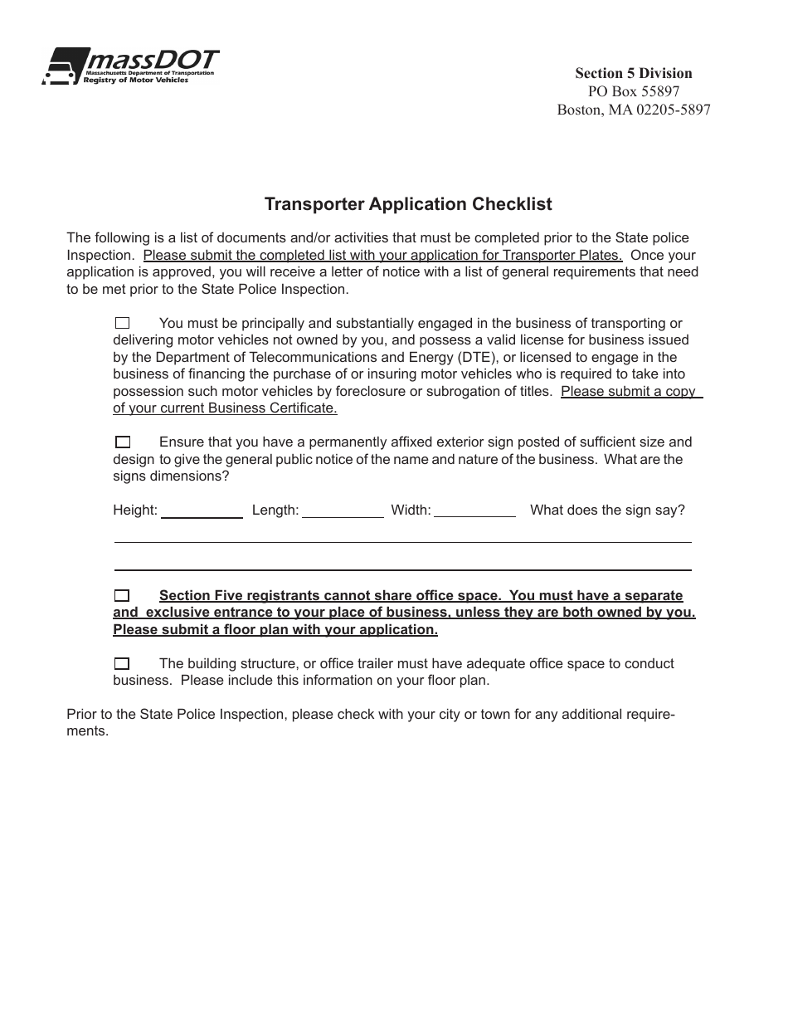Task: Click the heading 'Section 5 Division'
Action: click(633, 73)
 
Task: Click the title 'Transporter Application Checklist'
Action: click(408, 204)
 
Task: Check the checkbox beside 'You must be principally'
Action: click(123, 324)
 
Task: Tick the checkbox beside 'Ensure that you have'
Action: click(123, 442)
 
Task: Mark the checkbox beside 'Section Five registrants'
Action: click(123, 595)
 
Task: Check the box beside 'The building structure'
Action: click(123, 663)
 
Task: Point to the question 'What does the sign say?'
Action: click(607, 510)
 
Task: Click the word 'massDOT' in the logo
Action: click(153, 60)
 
